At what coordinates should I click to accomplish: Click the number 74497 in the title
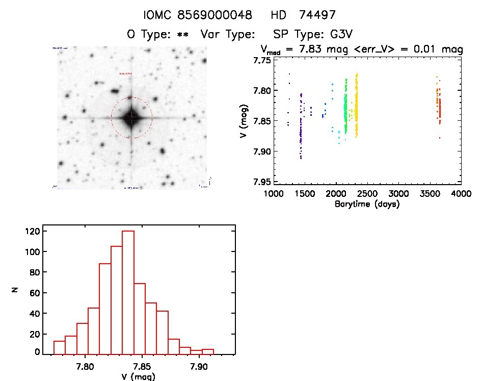coord(318,15)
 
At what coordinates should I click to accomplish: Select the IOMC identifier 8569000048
coord(215,15)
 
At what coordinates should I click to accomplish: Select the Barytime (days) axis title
coord(366,204)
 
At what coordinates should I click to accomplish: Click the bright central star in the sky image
coord(131,118)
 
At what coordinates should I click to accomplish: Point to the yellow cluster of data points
coord(356,105)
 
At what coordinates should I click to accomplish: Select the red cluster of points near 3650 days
coord(440,110)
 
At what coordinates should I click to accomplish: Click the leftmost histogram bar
coord(59,347)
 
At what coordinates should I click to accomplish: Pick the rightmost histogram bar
coord(207,351)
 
